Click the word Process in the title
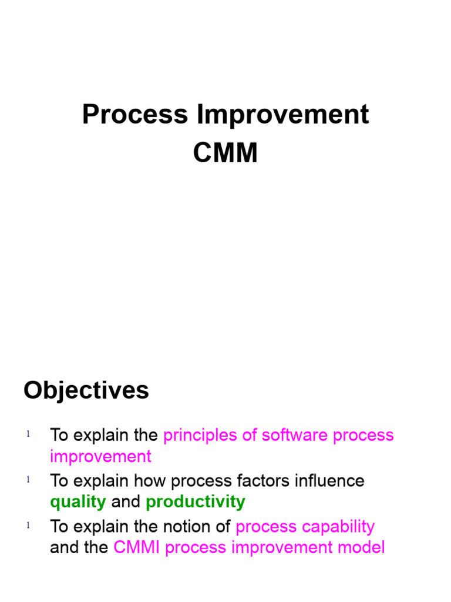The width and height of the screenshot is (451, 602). (135, 115)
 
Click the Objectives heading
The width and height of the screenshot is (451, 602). (86, 390)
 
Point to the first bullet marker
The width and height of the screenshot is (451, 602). (28, 434)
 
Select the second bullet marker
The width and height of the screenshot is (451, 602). (28, 480)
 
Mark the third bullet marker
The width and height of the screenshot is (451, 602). (28, 526)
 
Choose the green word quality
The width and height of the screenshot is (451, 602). (78, 502)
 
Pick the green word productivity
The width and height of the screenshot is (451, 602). (196, 502)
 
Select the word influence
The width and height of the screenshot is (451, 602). (333, 481)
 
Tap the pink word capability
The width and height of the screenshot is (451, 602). (341, 526)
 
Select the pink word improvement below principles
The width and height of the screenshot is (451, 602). (101, 457)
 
